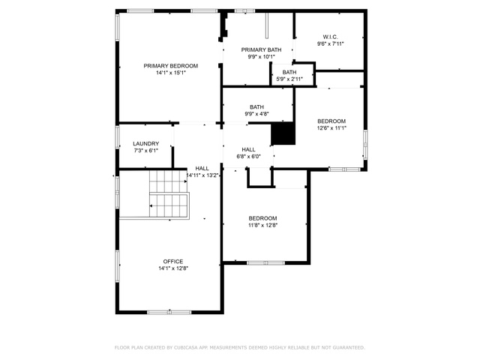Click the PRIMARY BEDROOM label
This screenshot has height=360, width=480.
click(x=171, y=66)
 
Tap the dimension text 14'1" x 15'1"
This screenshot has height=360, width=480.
click(x=171, y=73)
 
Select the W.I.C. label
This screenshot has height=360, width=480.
click(x=330, y=37)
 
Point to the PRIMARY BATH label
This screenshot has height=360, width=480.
click(x=261, y=49)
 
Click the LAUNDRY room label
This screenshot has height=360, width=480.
click(x=146, y=143)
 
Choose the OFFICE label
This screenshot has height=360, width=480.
click(x=173, y=262)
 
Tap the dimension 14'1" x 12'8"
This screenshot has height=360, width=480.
click(x=173, y=268)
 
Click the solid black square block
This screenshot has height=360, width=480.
click(x=283, y=133)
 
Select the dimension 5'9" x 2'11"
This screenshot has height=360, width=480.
click(x=289, y=79)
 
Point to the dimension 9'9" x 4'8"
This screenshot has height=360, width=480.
click(x=256, y=114)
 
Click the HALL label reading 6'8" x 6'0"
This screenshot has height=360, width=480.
click(x=248, y=150)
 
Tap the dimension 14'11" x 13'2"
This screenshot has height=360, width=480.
click(x=202, y=175)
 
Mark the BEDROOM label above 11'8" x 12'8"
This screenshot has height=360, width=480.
click(x=262, y=218)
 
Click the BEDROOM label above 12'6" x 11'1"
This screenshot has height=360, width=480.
click(x=331, y=121)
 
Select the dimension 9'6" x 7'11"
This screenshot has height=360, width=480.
click(x=330, y=43)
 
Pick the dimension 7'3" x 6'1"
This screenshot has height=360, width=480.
click(x=146, y=151)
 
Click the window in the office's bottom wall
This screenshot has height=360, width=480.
click(x=169, y=312)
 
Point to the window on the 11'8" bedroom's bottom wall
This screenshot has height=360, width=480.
click(x=265, y=263)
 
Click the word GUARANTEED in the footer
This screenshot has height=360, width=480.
click(x=349, y=347)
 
